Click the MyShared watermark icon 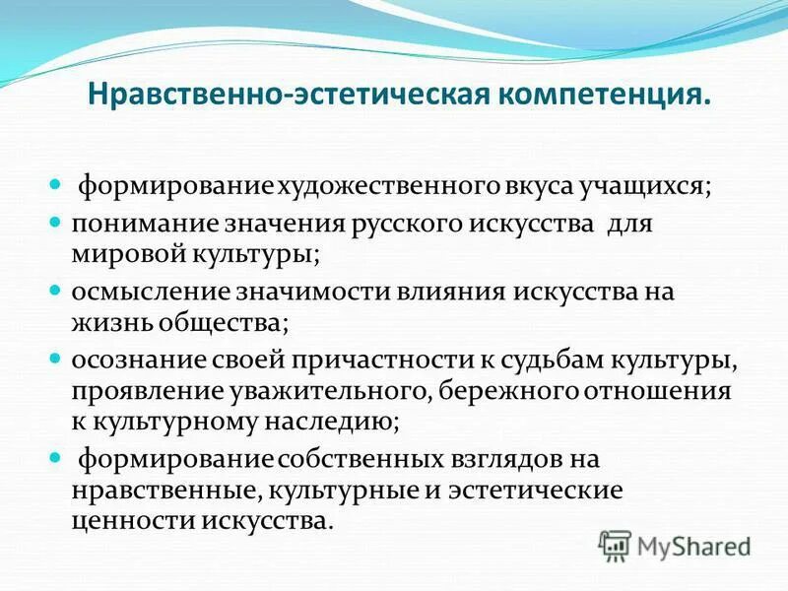(x=616, y=543)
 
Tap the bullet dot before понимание (x=56, y=224)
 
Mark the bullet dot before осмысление (x=56, y=293)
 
